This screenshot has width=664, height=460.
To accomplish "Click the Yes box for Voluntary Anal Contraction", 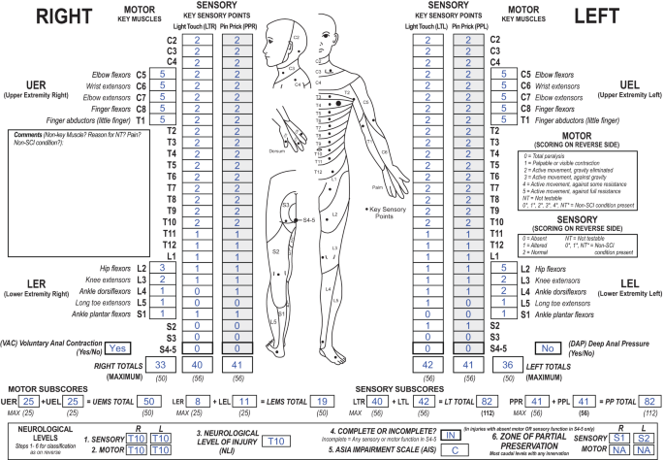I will point(118,347).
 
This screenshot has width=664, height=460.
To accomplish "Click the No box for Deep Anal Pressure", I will point(546,347).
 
